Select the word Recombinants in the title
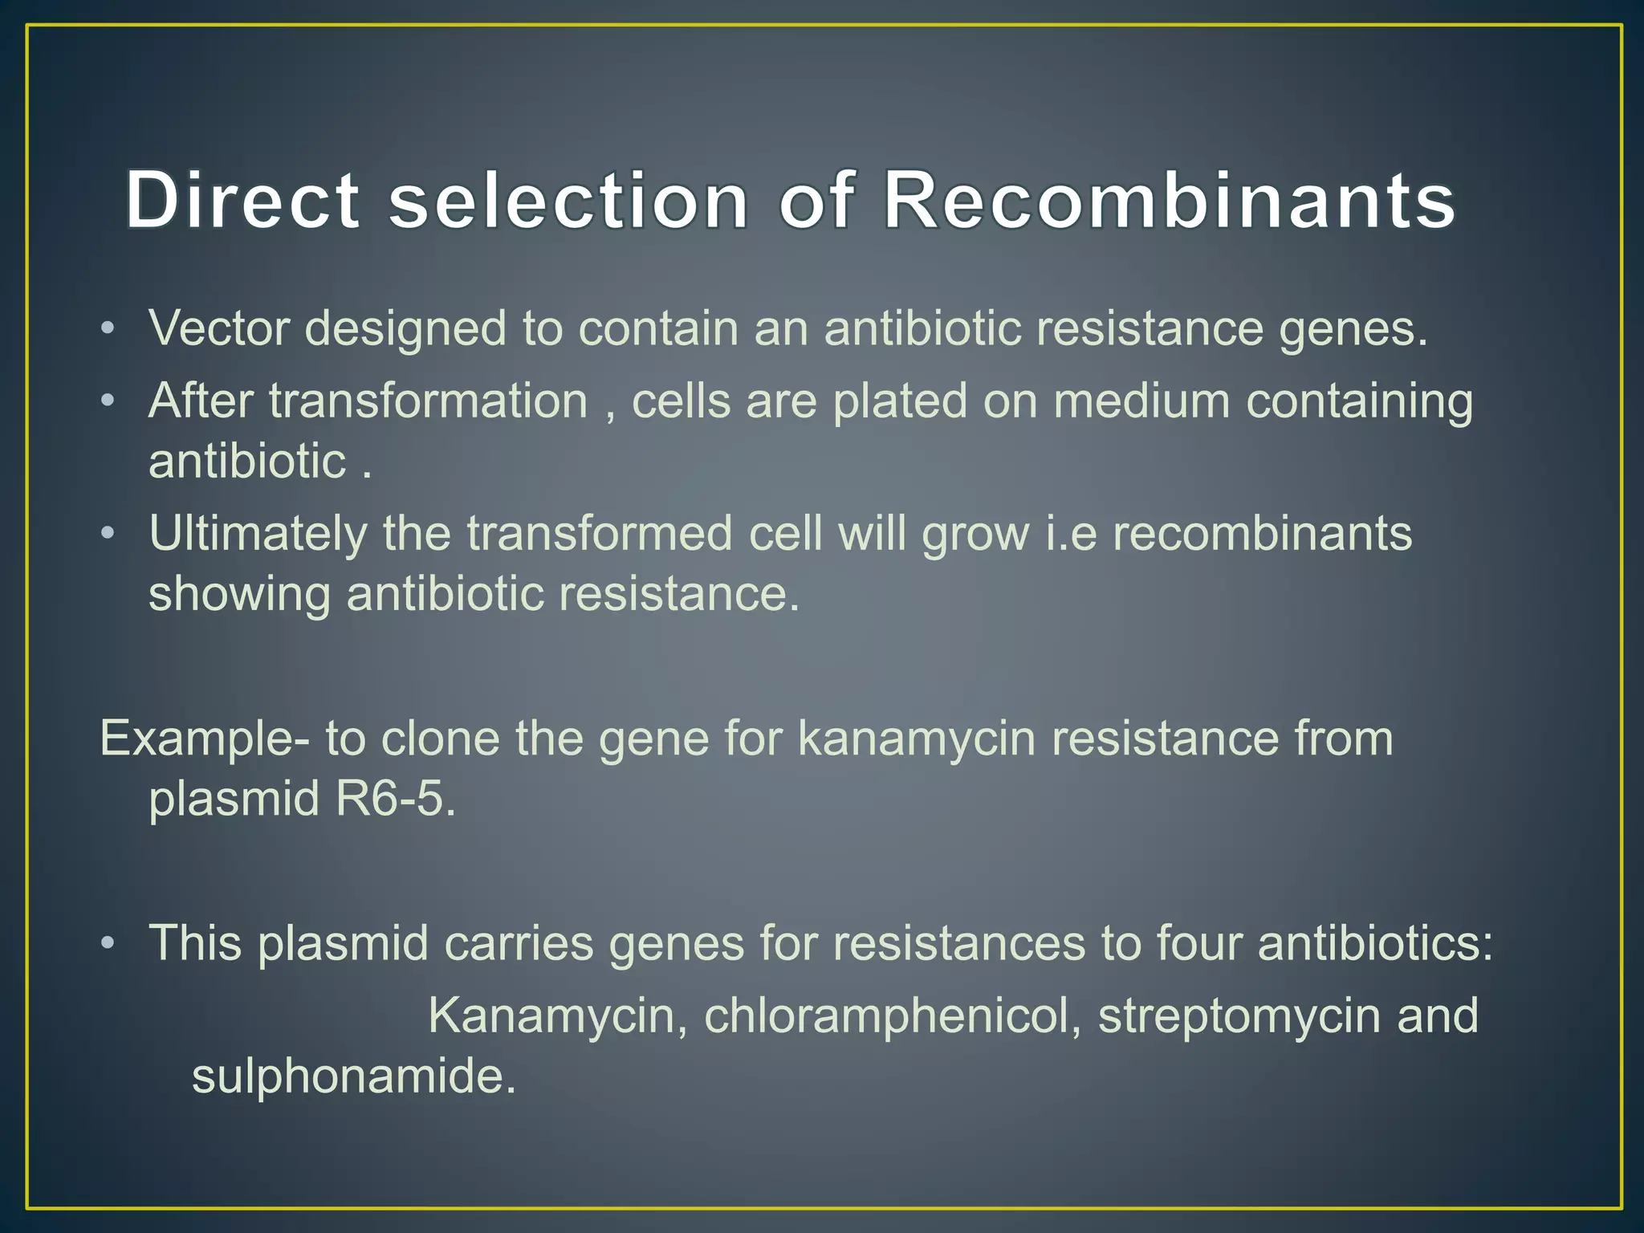pyautogui.click(x=1170, y=201)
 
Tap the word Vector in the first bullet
pyautogui.click(x=218, y=329)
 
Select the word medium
pyautogui.click(x=1141, y=401)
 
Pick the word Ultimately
pyautogui.click(x=258, y=535)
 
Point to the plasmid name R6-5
pyautogui.click(x=395, y=800)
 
